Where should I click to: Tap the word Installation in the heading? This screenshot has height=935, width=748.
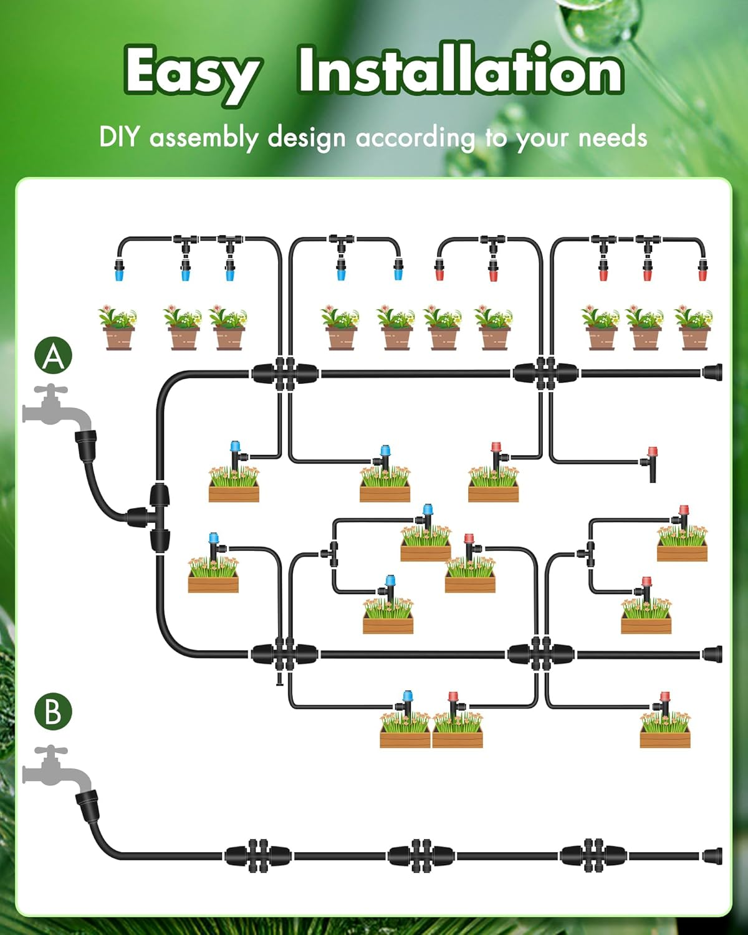459,70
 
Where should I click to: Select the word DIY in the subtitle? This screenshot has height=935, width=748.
118,137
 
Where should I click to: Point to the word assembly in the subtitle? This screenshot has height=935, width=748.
203,138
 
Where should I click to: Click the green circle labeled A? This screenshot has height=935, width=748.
53,356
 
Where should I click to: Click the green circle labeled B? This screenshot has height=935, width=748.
53,711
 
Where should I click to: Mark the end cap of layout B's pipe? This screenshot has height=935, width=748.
712,856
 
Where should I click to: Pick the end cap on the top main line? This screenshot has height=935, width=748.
712,373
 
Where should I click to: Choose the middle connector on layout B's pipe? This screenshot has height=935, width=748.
421,856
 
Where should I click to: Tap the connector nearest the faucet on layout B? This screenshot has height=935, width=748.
257,856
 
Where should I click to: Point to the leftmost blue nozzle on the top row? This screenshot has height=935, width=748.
119,272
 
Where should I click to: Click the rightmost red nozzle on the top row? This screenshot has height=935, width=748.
702,272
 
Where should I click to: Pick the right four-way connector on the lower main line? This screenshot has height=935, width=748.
540,654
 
